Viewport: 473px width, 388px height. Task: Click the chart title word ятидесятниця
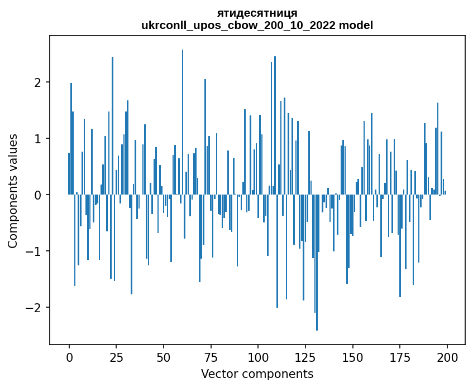coord(257,13)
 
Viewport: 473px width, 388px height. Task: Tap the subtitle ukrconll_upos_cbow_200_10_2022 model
coord(257,25)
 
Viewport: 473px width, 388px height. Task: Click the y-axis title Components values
coord(13,191)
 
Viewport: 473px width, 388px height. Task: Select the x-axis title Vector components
coord(257,374)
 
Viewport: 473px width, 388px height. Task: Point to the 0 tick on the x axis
coord(69,357)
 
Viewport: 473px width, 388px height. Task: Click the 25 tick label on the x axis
coord(116,357)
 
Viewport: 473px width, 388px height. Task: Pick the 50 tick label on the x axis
coord(164,357)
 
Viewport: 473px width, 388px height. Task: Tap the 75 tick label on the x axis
coord(211,357)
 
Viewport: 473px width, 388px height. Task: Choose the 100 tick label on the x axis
coord(258,357)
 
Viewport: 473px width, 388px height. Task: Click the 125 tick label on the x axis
coord(305,357)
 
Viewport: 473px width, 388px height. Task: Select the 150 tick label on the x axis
coord(352,357)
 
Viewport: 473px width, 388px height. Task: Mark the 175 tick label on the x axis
coord(400,357)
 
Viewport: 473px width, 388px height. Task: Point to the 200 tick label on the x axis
coord(447,357)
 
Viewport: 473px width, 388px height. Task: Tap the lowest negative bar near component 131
coord(317,262)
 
